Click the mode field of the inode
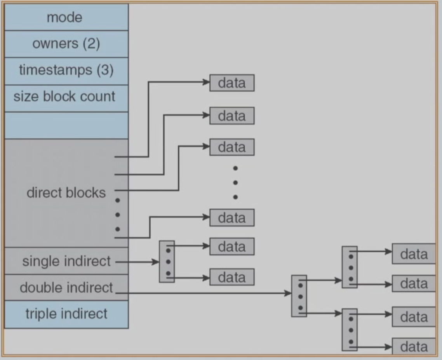pos(66,17)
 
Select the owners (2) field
pos(66,44)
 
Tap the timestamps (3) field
pos(66,70)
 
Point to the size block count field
pos(66,98)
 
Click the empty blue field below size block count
pos(66,125)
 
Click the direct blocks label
pos(66,193)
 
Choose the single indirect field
pos(66,261)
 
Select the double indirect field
pos(66,287)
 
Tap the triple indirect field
pos(66,314)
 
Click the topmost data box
pos(232,83)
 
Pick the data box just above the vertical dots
pos(232,147)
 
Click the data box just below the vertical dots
pos(232,218)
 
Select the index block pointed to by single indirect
pos(167,262)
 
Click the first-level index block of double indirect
pos(299,296)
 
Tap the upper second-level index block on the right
pos(350,267)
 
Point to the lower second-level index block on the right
pos(350,330)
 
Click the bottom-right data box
pos(414,346)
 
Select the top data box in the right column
pos(414,254)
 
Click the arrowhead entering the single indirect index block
pos(156,262)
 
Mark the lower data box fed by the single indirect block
pos(232,277)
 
